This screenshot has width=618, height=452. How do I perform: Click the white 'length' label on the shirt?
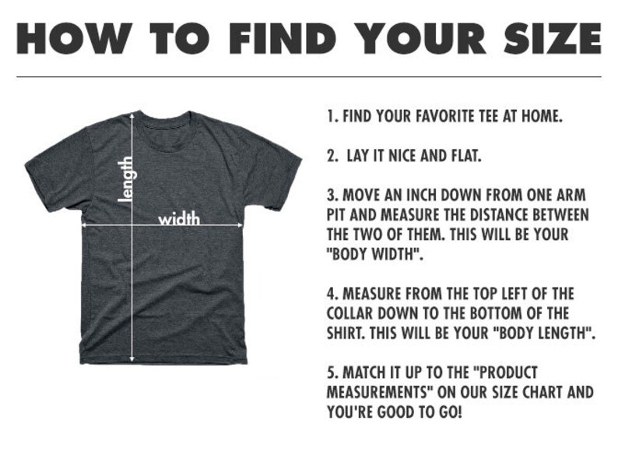coord(127,179)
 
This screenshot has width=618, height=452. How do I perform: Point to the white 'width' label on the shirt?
coord(179,218)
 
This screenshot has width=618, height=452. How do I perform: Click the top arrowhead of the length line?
coord(132,115)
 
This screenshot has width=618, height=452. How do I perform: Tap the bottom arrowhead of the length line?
coord(132,358)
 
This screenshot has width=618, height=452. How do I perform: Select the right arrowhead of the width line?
coord(241,225)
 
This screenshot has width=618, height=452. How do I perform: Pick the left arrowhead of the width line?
coord(83,225)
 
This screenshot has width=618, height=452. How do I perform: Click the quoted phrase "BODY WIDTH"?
coord(375,255)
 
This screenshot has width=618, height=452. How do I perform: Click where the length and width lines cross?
coord(132,225)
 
